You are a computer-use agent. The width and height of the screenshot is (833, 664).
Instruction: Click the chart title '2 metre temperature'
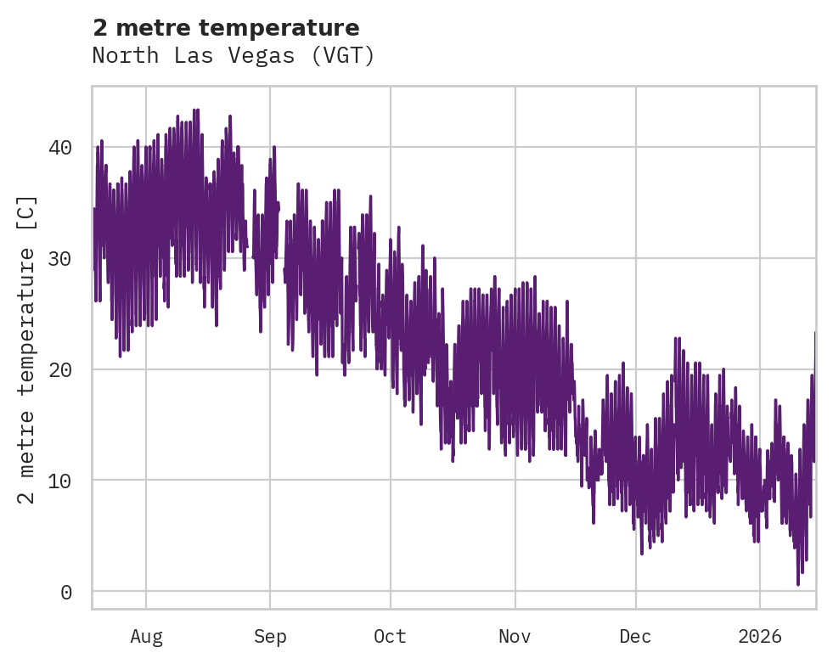point(226,28)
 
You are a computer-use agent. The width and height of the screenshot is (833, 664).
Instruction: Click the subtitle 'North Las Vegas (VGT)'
point(234,56)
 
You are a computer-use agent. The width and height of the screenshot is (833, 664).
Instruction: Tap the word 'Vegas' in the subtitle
point(272,56)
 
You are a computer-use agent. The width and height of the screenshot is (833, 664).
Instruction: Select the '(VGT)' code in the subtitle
point(343,56)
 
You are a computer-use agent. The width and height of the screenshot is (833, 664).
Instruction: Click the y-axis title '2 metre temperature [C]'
point(28,349)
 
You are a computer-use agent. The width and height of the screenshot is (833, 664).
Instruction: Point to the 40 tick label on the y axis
point(60,148)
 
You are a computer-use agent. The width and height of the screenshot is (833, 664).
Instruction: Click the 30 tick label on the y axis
point(60,259)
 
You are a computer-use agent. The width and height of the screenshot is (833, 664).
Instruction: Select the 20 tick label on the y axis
point(60,369)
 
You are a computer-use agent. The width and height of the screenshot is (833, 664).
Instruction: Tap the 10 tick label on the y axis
point(60,481)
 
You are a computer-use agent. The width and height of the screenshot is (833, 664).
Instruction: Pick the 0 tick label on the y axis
point(66,592)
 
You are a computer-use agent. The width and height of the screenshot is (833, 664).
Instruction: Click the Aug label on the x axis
point(146,637)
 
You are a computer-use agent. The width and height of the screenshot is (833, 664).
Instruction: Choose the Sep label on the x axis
point(270,637)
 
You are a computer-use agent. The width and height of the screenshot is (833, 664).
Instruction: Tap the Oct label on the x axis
point(391,637)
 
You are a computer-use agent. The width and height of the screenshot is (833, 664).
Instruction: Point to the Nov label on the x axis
point(515,637)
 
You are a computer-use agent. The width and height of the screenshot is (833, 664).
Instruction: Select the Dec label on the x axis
point(635,637)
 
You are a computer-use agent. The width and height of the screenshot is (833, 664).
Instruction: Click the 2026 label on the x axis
point(760,637)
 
